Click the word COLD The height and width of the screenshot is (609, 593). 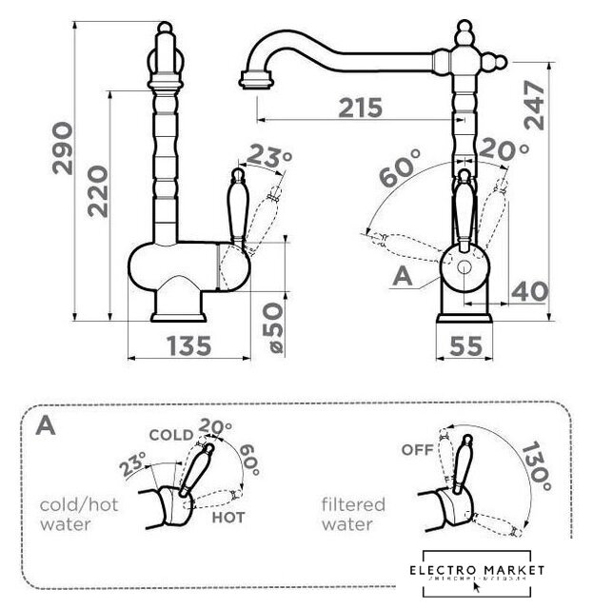(x=171, y=435)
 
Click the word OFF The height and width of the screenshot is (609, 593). (x=417, y=449)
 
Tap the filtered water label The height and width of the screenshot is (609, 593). (x=353, y=515)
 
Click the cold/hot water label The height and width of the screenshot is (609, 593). (x=79, y=514)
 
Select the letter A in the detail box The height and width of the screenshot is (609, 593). (x=44, y=425)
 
